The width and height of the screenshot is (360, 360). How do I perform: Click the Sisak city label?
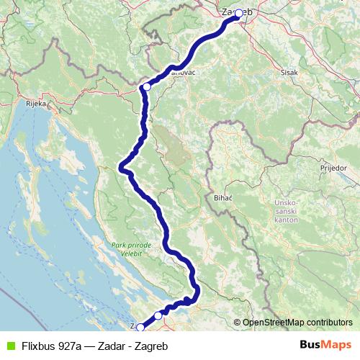pos(289,73)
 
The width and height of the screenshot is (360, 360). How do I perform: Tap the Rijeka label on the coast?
pos(37,104)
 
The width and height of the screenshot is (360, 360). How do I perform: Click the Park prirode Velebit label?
pos(132,249)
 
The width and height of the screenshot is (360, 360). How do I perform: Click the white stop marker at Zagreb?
pos(238,13)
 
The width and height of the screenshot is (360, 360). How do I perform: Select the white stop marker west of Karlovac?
pos(146,86)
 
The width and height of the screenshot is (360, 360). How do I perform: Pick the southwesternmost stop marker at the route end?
pos(141,327)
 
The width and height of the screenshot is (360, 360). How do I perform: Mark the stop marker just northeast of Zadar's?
pos(158,315)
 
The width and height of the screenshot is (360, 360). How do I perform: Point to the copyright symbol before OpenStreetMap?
pos(237,323)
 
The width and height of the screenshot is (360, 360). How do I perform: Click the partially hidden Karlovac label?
pos(184,73)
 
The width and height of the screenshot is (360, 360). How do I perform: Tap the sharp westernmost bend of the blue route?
pos(121,168)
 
